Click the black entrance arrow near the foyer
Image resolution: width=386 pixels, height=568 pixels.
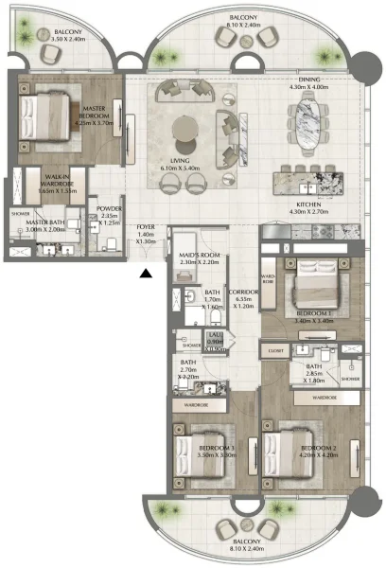(145, 275)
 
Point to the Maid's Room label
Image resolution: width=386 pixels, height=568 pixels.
(200, 258)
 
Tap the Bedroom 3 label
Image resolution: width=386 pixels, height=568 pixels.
(217, 452)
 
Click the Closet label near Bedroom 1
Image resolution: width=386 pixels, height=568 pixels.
(276, 349)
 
